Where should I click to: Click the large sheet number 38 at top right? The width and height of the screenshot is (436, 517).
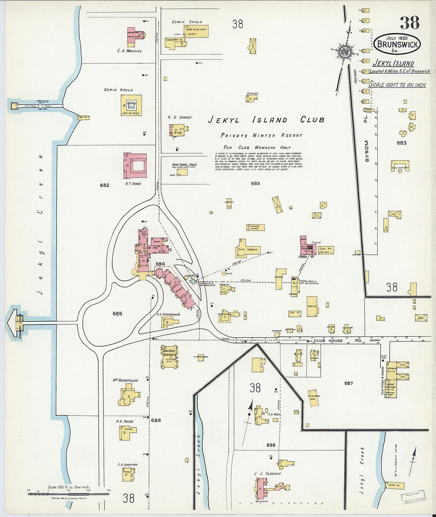[409, 23]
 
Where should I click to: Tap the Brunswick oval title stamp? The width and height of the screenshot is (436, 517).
[397, 44]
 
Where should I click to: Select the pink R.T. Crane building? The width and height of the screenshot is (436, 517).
[135, 165]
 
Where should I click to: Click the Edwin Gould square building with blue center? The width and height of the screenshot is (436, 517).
[131, 105]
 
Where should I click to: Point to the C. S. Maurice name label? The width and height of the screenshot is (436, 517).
[129, 51]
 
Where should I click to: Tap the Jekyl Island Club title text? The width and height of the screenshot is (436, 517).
[266, 120]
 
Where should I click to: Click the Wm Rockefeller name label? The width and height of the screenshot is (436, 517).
[125, 380]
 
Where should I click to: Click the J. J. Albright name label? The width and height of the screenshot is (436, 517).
[268, 473]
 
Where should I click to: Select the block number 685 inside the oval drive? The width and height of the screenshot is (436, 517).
[117, 313]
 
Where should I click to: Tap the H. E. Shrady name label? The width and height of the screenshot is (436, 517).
[180, 117]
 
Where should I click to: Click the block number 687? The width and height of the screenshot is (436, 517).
[348, 383]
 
